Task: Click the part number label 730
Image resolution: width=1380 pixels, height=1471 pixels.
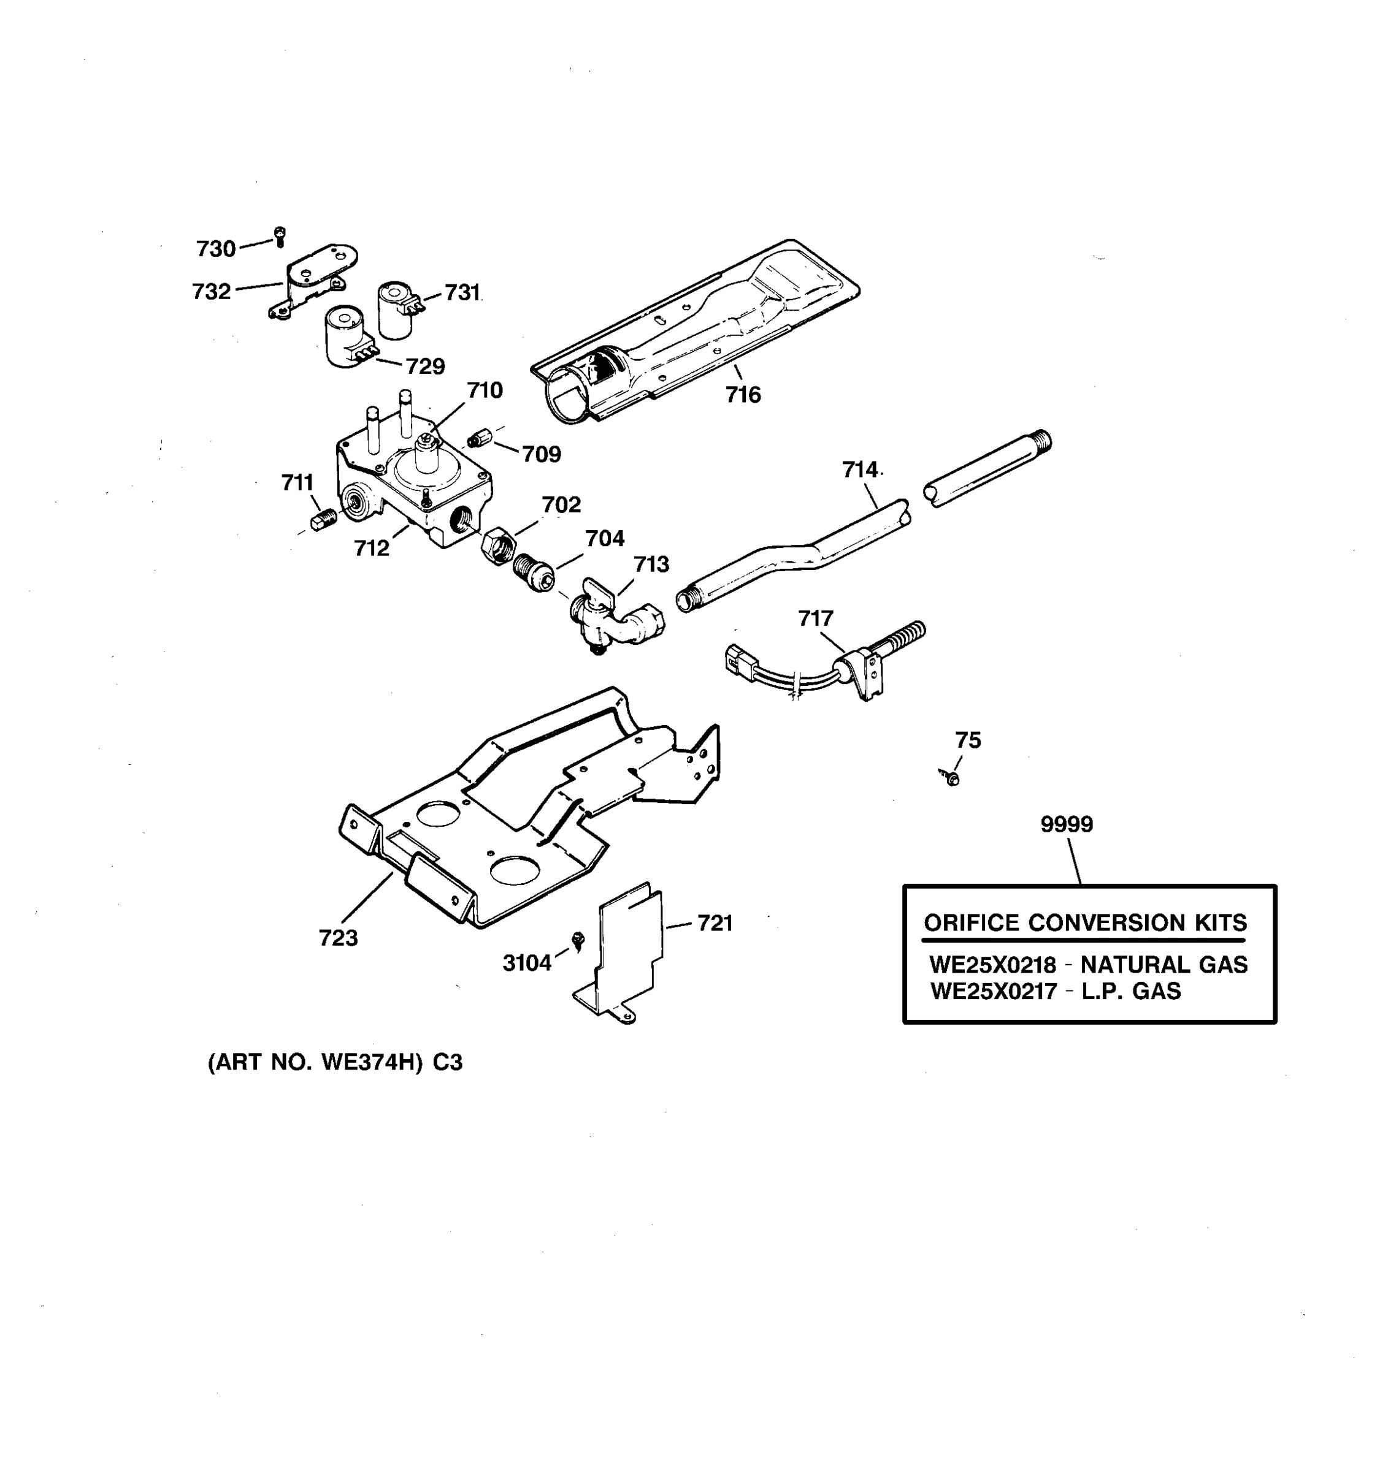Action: pyautogui.click(x=215, y=249)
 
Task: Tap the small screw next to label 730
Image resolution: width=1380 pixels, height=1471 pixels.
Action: pyautogui.click(x=280, y=237)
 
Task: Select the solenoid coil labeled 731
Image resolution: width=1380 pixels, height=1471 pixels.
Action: pyautogui.click(x=396, y=310)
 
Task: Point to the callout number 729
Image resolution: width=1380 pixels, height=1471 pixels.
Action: pyautogui.click(x=425, y=367)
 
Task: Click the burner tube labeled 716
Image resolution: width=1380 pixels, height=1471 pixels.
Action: pyautogui.click(x=696, y=333)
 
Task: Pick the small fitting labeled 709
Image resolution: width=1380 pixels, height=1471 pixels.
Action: pyautogui.click(x=480, y=439)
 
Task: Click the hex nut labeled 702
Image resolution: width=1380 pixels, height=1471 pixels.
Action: pyautogui.click(x=496, y=547)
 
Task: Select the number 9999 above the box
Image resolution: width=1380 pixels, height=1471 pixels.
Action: pyautogui.click(x=1066, y=824)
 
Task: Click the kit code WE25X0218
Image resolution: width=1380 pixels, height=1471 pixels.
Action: pyautogui.click(x=992, y=965)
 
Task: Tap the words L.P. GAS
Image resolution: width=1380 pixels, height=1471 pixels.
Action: pyautogui.click(x=1130, y=990)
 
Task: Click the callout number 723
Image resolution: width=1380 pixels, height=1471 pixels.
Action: pyautogui.click(x=339, y=938)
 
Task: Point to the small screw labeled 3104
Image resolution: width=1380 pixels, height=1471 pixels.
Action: pyautogui.click(x=579, y=940)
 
